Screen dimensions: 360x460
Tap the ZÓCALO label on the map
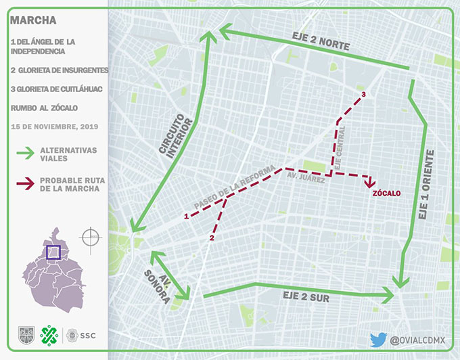pos(386,193)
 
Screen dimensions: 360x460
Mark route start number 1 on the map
pos(185,217)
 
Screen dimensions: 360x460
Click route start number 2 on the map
pos(212,238)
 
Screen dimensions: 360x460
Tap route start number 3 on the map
pos(364,94)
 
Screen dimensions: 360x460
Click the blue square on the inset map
pos(53,252)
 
